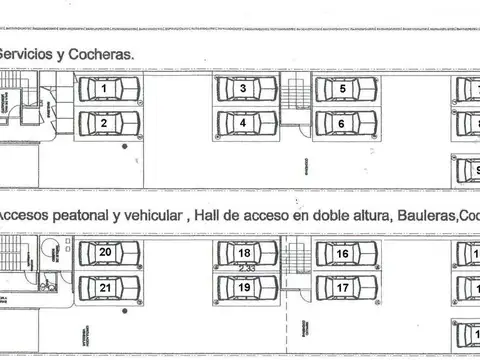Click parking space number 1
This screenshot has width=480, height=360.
(105, 90)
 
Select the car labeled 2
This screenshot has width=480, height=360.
(105, 124)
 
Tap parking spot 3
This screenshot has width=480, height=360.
(245, 90)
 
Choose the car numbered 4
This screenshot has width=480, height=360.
(245, 124)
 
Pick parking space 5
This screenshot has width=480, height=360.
(344, 90)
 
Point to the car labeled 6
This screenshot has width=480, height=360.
(344, 124)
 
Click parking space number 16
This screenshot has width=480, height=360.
(344, 255)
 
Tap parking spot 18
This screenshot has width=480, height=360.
(245, 255)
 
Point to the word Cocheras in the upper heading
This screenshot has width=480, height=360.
(105, 56)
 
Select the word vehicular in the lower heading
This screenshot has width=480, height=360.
(153, 215)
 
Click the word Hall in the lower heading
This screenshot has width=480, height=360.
(208, 215)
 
